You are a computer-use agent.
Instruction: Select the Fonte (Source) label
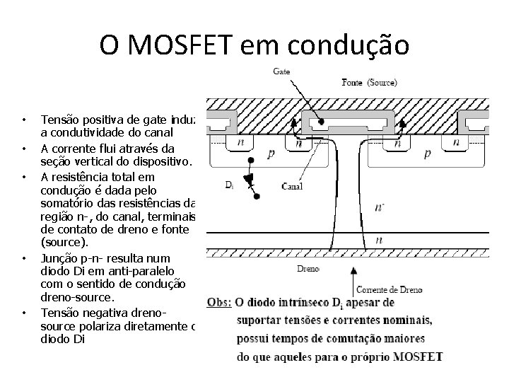point(370,82)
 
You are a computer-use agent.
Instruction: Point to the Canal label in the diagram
point(292,187)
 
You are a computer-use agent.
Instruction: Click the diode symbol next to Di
point(250,180)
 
